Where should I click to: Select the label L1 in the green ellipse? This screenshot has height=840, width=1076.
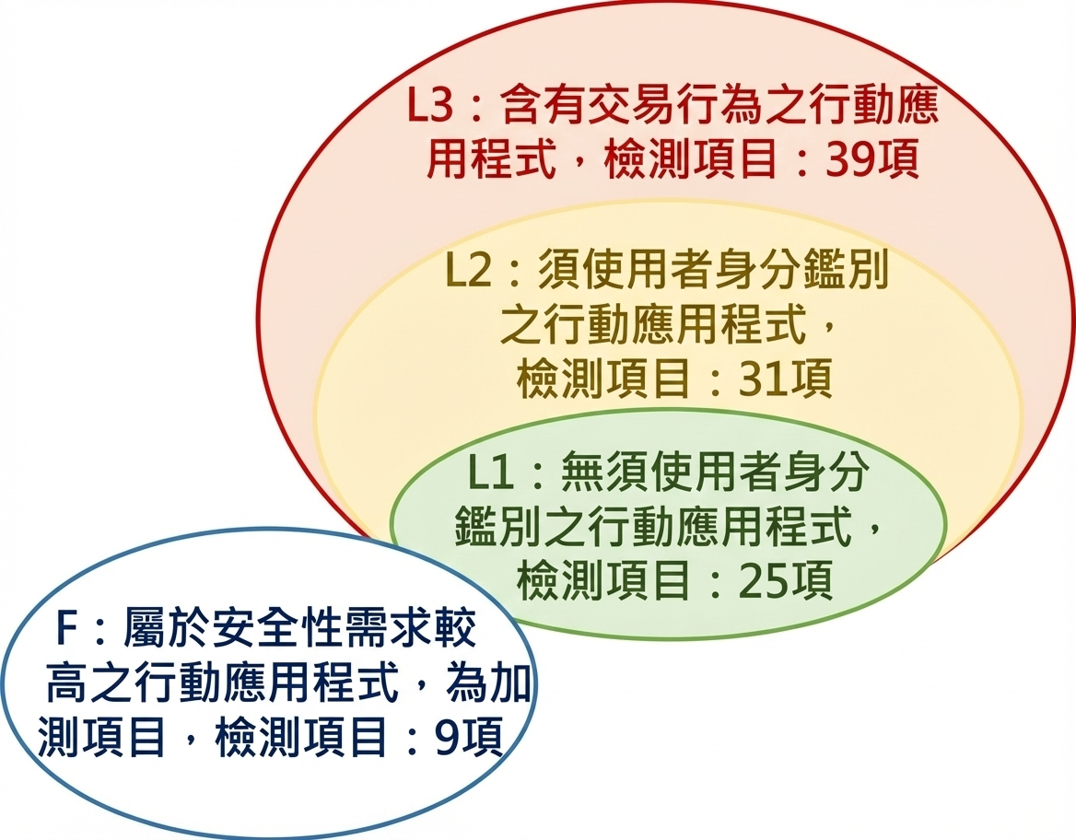489,474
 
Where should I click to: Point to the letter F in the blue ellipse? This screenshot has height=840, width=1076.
66,631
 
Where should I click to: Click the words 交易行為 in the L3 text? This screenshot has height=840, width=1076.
660,109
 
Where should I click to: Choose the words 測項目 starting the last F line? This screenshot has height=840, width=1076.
103,738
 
